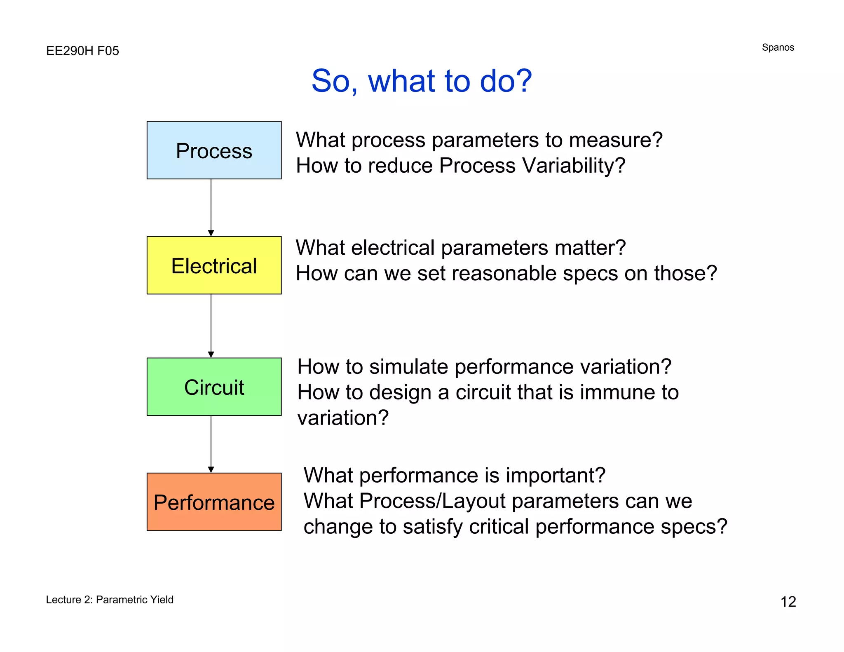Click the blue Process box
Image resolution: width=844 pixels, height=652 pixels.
coord(214,150)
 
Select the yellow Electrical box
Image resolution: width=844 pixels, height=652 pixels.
coord(214,265)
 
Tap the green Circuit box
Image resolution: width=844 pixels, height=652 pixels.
coord(214,387)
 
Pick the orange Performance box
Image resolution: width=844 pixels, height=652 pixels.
coord(214,502)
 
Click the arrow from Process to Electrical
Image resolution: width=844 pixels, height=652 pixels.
coord(211,207)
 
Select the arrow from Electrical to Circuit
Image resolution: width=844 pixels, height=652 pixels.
coord(211,326)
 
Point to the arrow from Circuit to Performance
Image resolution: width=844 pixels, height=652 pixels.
coord(211,444)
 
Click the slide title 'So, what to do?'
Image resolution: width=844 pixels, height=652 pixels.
coord(421,81)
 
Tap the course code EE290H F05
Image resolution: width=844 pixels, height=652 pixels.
coord(82,51)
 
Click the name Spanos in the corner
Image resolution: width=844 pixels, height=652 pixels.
coord(778,47)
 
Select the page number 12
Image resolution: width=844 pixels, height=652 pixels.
coord(788,602)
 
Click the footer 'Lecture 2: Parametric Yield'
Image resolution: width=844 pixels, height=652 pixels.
coord(110,600)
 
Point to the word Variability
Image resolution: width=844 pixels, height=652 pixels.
coord(573,166)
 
